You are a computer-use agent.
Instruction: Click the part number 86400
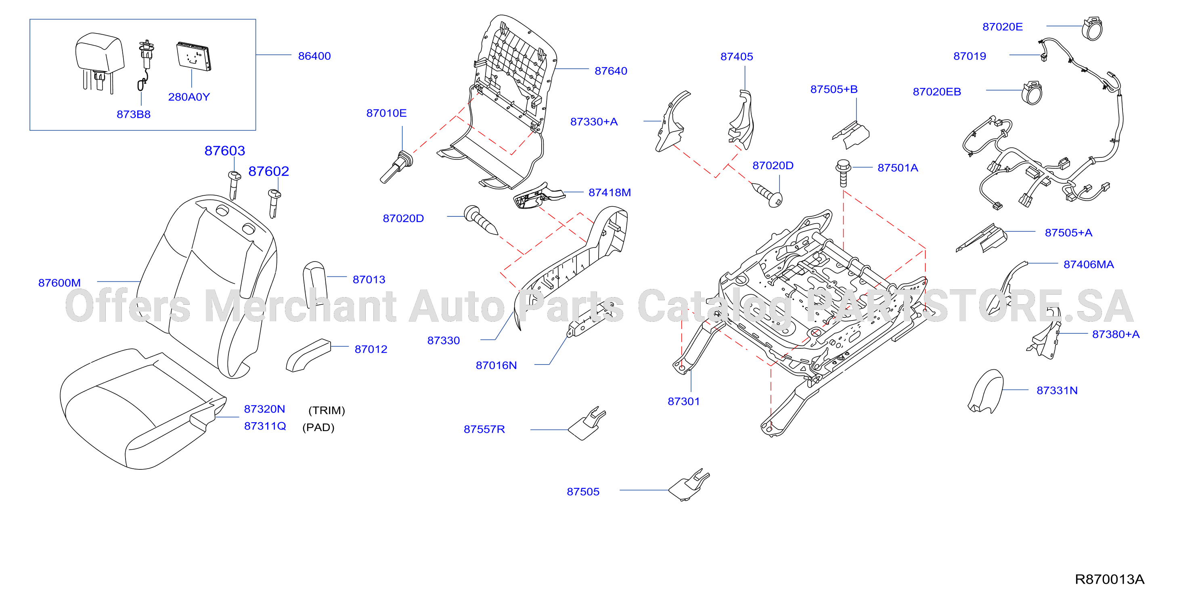point(314,56)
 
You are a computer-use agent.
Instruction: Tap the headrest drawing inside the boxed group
point(100,61)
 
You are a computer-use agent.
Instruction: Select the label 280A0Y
point(189,97)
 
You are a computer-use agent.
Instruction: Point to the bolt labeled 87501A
point(843,173)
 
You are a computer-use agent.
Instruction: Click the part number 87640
point(611,71)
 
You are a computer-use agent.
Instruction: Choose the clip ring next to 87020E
point(1092,29)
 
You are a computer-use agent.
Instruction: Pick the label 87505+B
point(834,89)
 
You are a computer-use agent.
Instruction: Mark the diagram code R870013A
point(1110,579)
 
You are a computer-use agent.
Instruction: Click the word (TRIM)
point(327,411)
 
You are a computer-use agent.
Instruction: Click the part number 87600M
point(59,283)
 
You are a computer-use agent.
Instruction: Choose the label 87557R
point(484,429)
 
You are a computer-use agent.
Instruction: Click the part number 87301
point(683,401)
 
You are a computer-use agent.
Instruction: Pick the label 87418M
point(610,192)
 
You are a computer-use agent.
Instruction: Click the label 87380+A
point(1116,334)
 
